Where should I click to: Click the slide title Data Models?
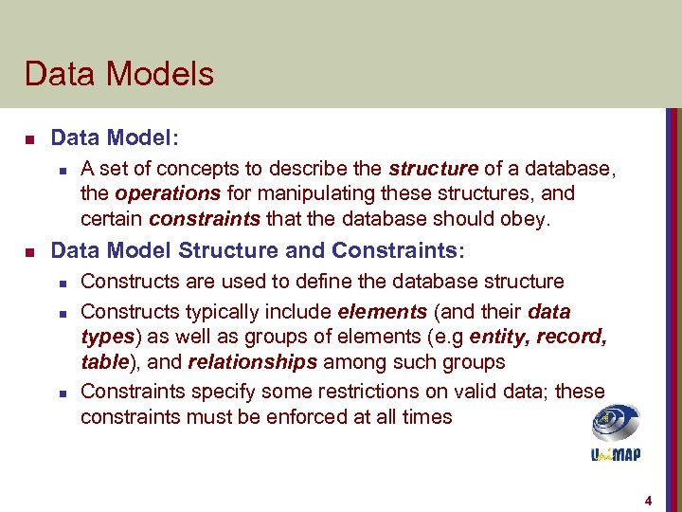pos(119,74)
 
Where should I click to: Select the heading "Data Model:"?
pos(114,138)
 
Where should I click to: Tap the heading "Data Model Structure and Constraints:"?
pos(258,251)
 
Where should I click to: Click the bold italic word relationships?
pos(252,362)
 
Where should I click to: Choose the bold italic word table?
pos(105,362)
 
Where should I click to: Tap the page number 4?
pos(648,500)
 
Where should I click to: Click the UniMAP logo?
pos(616,432)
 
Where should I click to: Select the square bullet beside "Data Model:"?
pos(29,139)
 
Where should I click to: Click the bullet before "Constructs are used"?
pos(61,283)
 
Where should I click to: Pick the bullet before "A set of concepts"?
pos(61,170)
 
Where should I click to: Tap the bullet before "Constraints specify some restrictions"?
pos(61,393)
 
